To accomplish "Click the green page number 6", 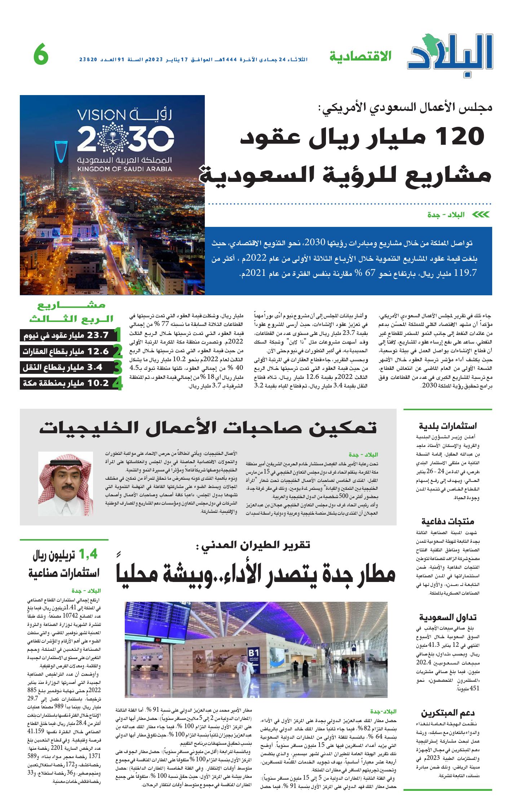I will click(41, 55).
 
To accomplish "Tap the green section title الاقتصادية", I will click(360, 57).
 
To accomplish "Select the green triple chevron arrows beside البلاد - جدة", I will click(481, 215).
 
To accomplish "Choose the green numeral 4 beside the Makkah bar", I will click(117, 384).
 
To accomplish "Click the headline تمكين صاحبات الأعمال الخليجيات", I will click(208, 428).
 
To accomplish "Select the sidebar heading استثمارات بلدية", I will click(448, 426).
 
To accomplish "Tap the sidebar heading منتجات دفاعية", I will click(448, 521).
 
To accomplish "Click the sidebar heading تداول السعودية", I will click(448, 618).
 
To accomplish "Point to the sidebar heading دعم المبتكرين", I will click(448, 713).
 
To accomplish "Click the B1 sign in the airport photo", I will click(254, 653).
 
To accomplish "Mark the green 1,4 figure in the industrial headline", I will click(88, 554).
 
